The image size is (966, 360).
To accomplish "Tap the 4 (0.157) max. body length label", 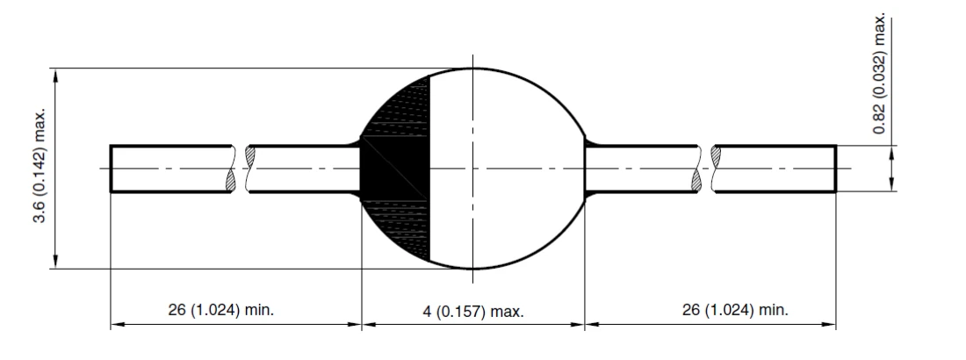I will [474, 312].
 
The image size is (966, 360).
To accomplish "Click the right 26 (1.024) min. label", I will [734, 310].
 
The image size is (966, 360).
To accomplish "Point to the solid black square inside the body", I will [395, 169].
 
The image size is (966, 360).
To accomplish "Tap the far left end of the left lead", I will [112, 168].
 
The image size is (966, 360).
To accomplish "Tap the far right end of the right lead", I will [834, 168].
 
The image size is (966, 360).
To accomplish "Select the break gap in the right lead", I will [708, 168].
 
